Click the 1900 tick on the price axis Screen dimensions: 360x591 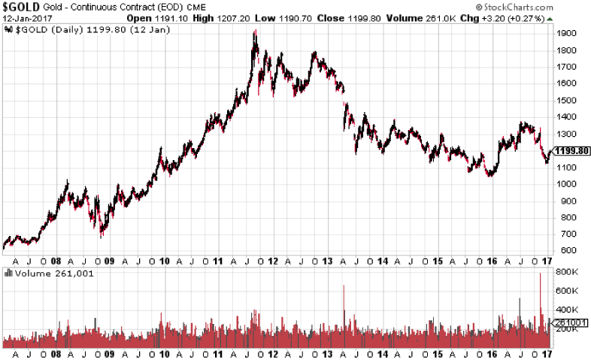click(568, 33)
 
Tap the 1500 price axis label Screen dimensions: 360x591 click(568, 100)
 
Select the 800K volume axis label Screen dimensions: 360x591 click(567, 271)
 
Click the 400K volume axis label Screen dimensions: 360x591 click(567, 309)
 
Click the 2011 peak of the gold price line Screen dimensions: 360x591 click(256, 32)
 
